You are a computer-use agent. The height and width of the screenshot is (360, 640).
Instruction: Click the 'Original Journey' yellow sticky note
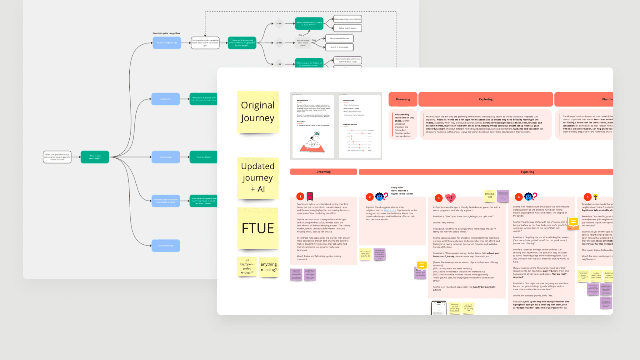[258, 112]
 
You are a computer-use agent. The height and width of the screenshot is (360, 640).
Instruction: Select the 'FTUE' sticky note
[258, 228]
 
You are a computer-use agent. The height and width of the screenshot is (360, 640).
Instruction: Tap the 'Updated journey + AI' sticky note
[258, 177]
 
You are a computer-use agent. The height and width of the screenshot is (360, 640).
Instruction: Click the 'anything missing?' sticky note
[268, 267]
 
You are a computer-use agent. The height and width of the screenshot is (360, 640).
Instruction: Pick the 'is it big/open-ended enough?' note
[247, 266]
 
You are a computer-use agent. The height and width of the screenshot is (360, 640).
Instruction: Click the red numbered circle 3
[438, 198]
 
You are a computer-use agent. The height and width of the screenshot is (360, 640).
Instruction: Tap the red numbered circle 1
[300, 196]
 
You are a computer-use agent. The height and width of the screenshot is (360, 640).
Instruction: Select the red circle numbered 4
[519, 197]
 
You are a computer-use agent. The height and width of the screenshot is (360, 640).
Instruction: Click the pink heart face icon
[450, 197]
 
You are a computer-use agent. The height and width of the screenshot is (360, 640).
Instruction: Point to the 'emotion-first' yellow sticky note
[490, 195]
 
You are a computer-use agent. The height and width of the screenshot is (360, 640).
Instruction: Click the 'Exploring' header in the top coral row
[486, 99]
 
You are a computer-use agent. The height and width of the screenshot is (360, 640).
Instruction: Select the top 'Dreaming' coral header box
[403, 99]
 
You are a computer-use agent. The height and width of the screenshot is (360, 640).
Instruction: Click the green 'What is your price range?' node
[95, 157]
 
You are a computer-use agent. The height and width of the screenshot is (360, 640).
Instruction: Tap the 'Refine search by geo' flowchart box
[347, 28]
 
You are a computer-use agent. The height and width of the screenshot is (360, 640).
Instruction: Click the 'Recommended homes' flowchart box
[339, 38]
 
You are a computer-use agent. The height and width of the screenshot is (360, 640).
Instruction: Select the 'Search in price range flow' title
[166, 33]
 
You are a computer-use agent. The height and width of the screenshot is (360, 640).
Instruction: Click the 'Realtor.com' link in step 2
[390, 210]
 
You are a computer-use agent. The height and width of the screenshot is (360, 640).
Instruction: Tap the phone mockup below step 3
[439, 308]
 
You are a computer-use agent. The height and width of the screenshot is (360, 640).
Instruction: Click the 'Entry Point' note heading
[397, 187]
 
